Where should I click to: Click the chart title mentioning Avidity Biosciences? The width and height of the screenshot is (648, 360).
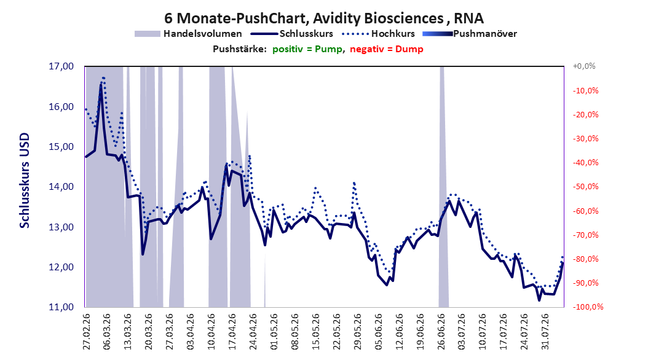(x=323, y=18)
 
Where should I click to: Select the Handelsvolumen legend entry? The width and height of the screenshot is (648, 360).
(x=188, y=34)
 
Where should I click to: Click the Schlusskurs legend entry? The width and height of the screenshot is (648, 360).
(x=292, y=34)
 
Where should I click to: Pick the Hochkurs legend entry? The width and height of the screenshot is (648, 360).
(x=378, y=34)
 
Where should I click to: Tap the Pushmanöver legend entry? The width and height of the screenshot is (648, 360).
(x=470, y=34)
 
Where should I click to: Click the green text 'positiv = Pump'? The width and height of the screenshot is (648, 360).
(x=307, y=49)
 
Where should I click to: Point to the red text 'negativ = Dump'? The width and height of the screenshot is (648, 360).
(x=387, y=49)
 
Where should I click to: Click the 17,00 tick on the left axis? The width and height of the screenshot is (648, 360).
(x=61, y=66)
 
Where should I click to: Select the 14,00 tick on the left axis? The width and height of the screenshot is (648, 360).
(x=61, y=187)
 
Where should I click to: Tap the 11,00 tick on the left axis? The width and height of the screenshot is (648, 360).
(x=61, y=307)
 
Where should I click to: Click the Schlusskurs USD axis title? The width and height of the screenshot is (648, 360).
(x=25, y=181)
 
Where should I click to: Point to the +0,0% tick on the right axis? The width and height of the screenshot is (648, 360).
(x=584, y=66)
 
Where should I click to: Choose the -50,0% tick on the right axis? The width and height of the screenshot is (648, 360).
(x=585, y=187)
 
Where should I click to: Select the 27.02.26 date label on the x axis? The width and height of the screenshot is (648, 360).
(x=86, y=332)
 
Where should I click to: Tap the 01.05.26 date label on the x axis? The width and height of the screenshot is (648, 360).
(x=274, y=332)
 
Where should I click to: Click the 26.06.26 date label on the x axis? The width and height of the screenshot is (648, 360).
(x=441, y=332)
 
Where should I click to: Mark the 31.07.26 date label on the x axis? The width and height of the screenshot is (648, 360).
(x=545, y=332)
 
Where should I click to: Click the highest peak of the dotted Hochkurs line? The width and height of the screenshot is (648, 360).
(x=103, y=77)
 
